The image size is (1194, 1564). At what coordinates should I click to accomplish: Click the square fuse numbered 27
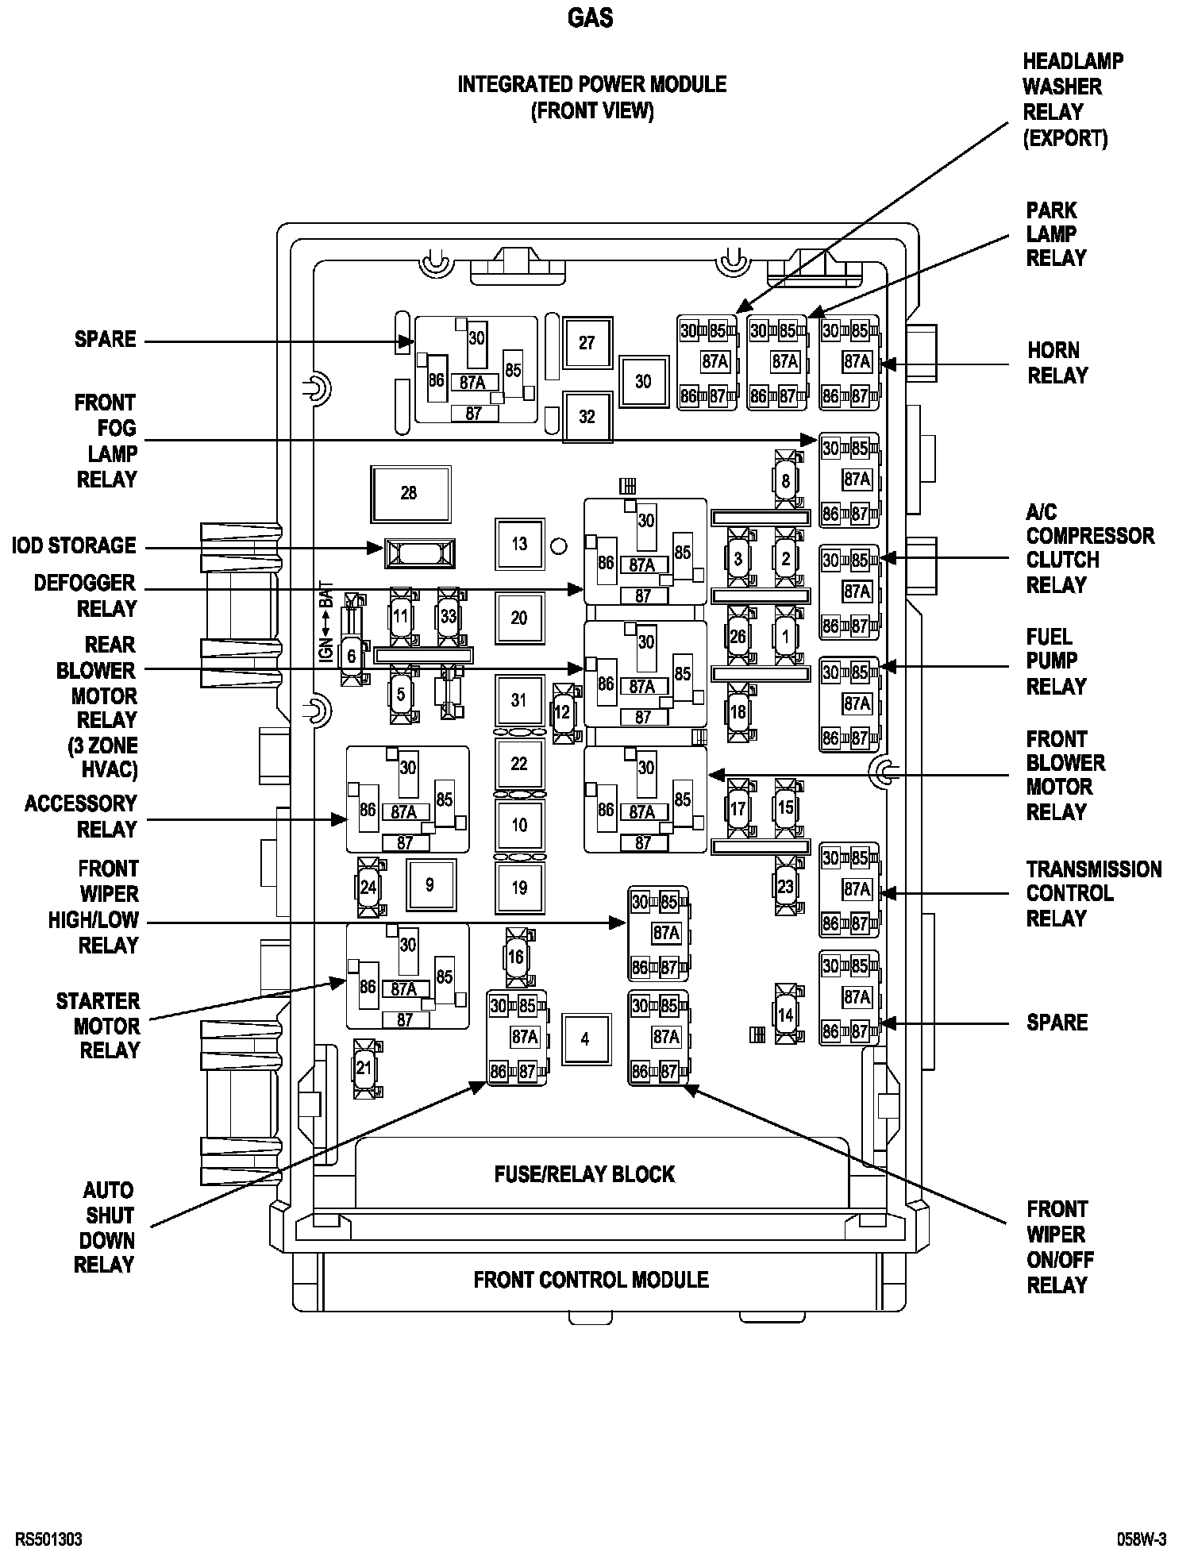(x=587, y=343)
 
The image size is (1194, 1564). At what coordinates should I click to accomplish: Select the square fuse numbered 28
(x=410, y=493)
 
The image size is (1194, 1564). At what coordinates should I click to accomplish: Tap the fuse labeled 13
(x=519, y=544)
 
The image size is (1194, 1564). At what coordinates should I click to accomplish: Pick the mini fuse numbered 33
(x=449, y=617)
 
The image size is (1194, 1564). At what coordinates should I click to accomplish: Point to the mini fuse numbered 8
(x=785, y=480)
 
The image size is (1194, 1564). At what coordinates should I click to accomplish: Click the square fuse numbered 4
(x=586, y=1038)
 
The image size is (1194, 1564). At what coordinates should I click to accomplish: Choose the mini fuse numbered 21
(x=364, y=1068)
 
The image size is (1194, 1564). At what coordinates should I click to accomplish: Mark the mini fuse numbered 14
(x=785, y=1015)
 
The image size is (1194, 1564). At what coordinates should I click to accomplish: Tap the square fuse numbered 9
(x=430, y=884)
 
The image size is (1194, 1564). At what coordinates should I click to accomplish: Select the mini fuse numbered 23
(x=785, y=886)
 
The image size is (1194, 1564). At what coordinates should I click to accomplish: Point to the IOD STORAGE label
(x=74, y=546)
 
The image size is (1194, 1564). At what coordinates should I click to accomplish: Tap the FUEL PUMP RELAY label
(x=1057, y=661)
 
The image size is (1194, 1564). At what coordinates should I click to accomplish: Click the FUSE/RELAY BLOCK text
(x=584, y=1174)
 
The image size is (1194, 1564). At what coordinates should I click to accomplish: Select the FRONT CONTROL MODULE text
(x=591, y=1280)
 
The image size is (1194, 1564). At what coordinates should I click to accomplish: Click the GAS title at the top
(x=590, y=18)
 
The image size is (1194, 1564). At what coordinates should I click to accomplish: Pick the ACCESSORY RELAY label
(x=81, y=816)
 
